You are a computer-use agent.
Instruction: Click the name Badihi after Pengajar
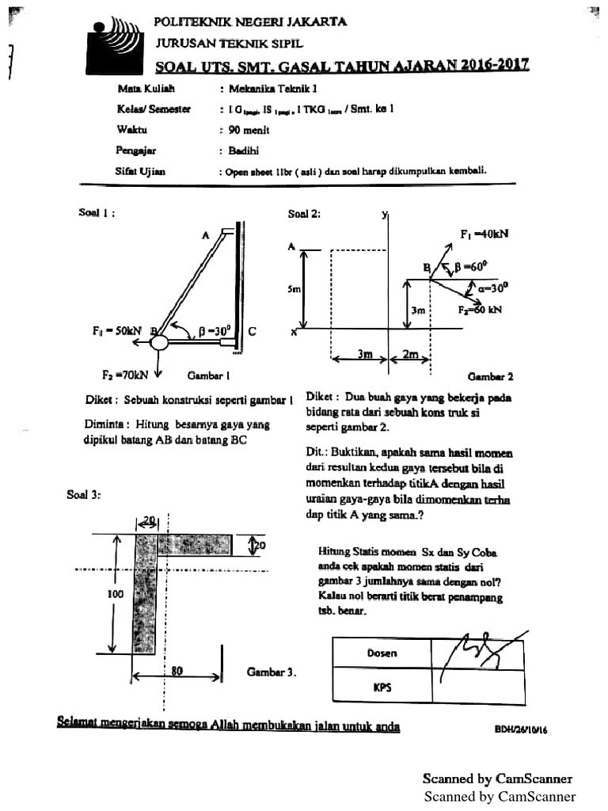(x=243, y=150)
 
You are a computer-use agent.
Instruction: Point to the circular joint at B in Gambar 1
(x=159, y=342)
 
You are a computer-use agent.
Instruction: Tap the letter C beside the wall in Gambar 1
(x=252, y=333)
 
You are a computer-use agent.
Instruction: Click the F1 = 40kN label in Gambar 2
(x=484, y=234)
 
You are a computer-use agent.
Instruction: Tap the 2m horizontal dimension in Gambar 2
(x=411, y=355)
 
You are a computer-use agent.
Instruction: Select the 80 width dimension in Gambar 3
(x=177, y=671)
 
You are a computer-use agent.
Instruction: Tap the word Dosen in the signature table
(x=382, y=653)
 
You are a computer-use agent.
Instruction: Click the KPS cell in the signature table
(x=382, y=687)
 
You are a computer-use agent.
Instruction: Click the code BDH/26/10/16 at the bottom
(x=520, y=730)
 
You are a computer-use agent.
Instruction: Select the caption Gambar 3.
(x=272, y=672)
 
